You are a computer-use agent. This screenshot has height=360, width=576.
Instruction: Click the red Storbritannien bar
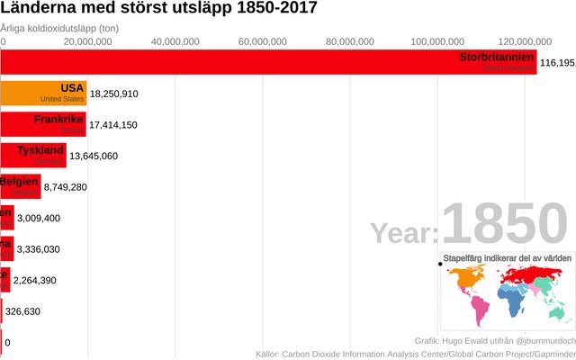[x=270, y=62]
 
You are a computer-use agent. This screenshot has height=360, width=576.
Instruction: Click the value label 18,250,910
[x=114, y=94]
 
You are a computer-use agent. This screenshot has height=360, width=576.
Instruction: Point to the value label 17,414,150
[x=113, y=125]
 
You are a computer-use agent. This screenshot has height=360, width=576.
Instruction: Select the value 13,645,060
[x=94, y=156]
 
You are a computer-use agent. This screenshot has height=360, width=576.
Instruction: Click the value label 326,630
[x=23, y=311]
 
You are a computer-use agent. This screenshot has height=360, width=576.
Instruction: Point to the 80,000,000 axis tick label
[x=349, y=41]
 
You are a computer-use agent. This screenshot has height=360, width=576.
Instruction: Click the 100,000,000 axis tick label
[x=436, y=41]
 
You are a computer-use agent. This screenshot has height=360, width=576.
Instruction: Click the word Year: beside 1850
[x=405, y=234]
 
